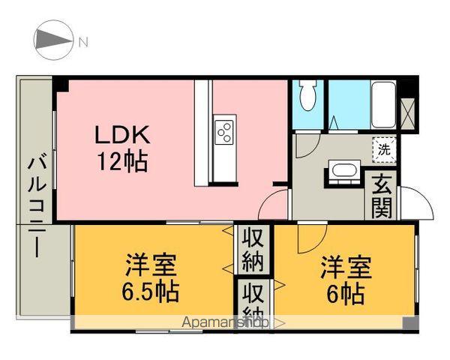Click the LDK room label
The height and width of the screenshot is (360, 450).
[x=123, y=135]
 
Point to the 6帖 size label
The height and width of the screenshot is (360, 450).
[x=344, y=292]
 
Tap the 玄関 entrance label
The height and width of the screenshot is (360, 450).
[x=381, y=196]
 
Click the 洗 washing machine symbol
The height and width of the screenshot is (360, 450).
[x=383, y=149]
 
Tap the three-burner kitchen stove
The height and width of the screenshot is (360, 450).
[x=224, y=132]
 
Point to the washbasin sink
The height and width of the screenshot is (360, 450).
[x=343, y=172]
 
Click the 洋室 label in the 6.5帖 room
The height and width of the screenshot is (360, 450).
[x=151, y=266]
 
